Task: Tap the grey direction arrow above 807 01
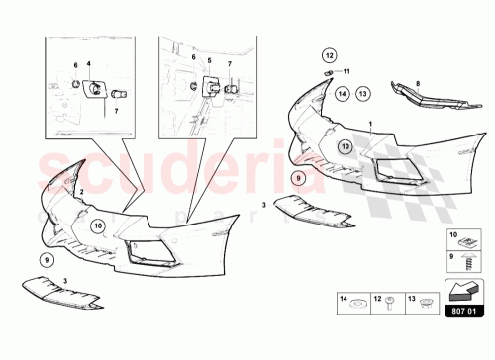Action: coord(462,289)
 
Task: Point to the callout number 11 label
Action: coord(347,72)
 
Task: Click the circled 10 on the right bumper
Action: coord(346,145)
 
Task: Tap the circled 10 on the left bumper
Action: coord(99,226)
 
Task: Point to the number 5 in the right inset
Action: coord(208,59)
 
